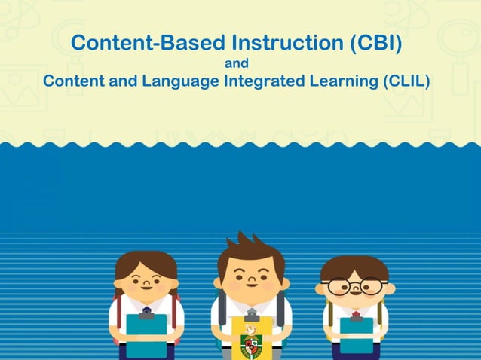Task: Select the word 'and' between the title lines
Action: point(237,63)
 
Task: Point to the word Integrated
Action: point(264,81)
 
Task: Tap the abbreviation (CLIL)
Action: point(404,81)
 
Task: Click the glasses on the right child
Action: point(355,287)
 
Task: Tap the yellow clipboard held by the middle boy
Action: point(252,337)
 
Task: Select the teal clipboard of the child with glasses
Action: point(356,336)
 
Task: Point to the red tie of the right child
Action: point(356,313)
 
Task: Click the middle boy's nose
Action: point(252,281)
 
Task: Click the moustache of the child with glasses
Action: point(355,299)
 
